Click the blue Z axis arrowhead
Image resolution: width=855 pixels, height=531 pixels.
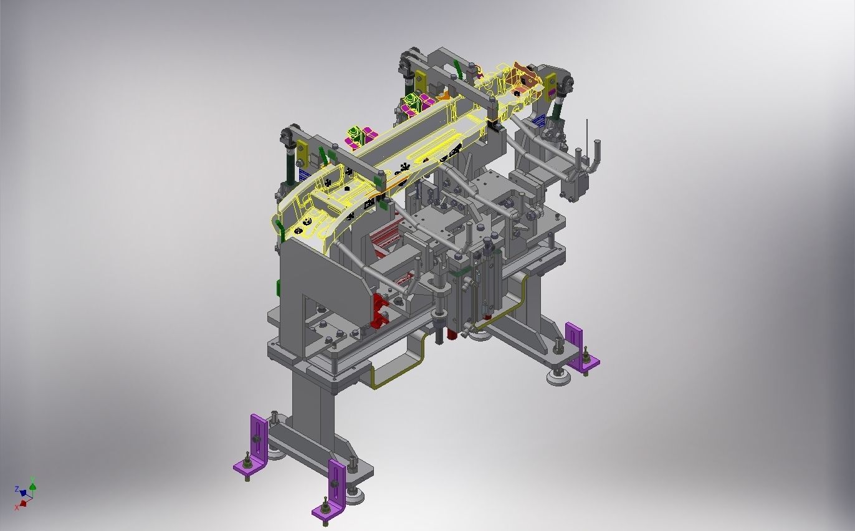click(22, 493)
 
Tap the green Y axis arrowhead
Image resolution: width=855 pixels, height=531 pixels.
click(32, 487)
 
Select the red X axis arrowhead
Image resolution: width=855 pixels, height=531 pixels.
click(23, 502)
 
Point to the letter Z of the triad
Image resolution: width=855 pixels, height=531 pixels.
click(17, 489)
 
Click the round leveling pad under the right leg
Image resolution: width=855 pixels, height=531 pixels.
click(556, 376)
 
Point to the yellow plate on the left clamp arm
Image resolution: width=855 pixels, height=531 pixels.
click(302, 151)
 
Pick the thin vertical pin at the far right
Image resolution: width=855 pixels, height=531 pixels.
click(586, 134)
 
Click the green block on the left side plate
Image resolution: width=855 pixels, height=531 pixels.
click(279, 289)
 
